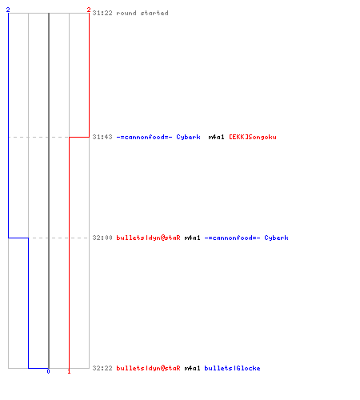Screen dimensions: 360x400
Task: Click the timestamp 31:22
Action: [x=102, y=13]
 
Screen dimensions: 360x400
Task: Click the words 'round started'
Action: [x=142, y=13]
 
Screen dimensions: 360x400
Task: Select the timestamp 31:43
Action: [x=102, y=137]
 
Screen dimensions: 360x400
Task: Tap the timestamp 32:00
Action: [x=102, y=238]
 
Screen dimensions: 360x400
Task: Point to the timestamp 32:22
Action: [x=102, y=368]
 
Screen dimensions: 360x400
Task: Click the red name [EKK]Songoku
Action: [x=253, y=137]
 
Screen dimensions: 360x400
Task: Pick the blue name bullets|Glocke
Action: [x=232, y=368]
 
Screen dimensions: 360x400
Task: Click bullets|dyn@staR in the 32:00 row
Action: [x=148, y=238]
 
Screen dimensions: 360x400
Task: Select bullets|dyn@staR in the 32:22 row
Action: [x=148, y=368]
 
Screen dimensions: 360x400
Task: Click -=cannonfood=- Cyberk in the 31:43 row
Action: [x=158, y=137]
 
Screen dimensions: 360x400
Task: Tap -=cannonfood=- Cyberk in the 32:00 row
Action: [x=246, y=238]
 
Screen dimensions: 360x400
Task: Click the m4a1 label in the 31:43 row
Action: [x=216, y=137]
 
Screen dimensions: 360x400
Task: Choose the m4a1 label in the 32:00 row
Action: [x=192, y=238]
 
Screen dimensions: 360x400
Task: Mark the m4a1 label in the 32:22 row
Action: [x=192, y=368]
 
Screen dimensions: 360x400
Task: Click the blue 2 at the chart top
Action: [x=8, y=10]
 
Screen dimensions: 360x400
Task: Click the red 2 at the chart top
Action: [x=89, y=10]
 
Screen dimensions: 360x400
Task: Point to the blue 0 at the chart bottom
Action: [x=48, y=371]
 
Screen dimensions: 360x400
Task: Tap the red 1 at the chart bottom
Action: [x=69, y=371]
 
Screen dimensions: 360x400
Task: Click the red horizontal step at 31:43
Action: [x=79, y=137]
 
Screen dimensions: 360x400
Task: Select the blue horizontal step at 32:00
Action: [x=18, y=238]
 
